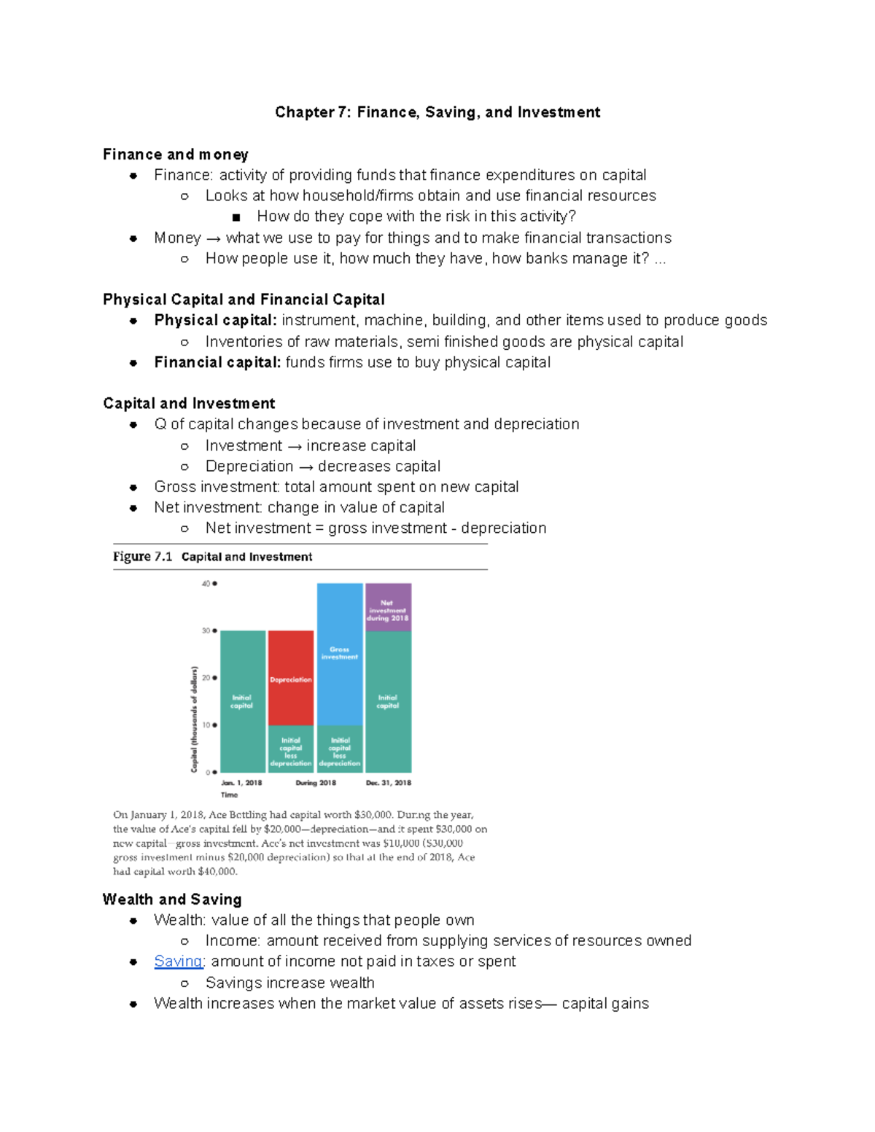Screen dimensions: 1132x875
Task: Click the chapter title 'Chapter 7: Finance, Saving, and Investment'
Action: [x=437, y=112]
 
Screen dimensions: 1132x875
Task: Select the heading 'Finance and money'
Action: [x=176, y=155]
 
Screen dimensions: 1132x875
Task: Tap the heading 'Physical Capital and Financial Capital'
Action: [x=244, y=300]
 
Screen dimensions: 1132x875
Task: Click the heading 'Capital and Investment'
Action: [x=189, y=404]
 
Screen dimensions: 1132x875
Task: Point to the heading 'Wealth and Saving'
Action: [x=172, y=899]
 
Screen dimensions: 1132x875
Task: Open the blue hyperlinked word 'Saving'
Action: [x=178, y=961]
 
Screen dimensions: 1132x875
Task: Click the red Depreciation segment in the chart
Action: [x=291, y=678]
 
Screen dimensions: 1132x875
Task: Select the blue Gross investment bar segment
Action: [x=340, y=652]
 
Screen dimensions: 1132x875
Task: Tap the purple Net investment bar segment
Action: [x=388, y=607]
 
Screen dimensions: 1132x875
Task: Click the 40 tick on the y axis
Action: [x=209, y=584]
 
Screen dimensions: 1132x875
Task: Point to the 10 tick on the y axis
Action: [x=209, y=725]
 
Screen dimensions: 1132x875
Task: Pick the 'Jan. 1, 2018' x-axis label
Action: [x=241, y=783]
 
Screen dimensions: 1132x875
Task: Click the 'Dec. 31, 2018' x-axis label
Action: [x=388, y=783]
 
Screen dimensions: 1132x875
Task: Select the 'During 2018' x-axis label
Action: [x=316, y=783]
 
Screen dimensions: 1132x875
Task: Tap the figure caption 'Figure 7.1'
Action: [x=143, y=557]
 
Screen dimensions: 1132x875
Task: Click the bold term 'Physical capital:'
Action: [x=215, y=321]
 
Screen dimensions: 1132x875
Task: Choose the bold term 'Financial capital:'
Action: [x=217, y=363]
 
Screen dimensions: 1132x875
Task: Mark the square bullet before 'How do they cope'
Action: [x=236, y=217]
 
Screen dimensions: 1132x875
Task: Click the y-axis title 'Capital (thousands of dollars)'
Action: [x=194, y=719]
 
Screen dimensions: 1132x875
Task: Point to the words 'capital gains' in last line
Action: [x=604, y=1004]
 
